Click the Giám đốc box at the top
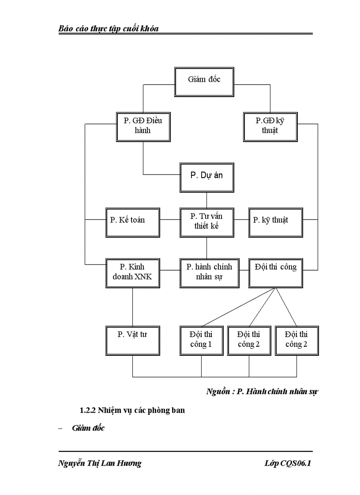pos(204,82)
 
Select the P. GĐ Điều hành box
pos(143,127)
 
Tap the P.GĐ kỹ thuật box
pos(270,127)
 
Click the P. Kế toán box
pos(132,222)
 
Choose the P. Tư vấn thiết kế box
pos(206,222)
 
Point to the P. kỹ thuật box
pos(275,222)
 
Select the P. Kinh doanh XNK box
pos(132,273)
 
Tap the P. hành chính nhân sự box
pos(209,273)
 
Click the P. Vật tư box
pos(132,340)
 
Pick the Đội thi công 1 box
pos(201,340)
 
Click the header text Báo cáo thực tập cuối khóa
pos(109,29)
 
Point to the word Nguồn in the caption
pos(219,391)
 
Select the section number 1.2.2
pos(88,410)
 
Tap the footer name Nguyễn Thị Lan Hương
pos(100,463)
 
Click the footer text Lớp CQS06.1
pos(288,463)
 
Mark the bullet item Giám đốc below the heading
pos(88,428)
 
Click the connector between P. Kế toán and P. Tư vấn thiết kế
pos(169,220)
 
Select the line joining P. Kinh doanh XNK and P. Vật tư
pos(133,307)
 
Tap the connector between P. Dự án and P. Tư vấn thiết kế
pos(206,200)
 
